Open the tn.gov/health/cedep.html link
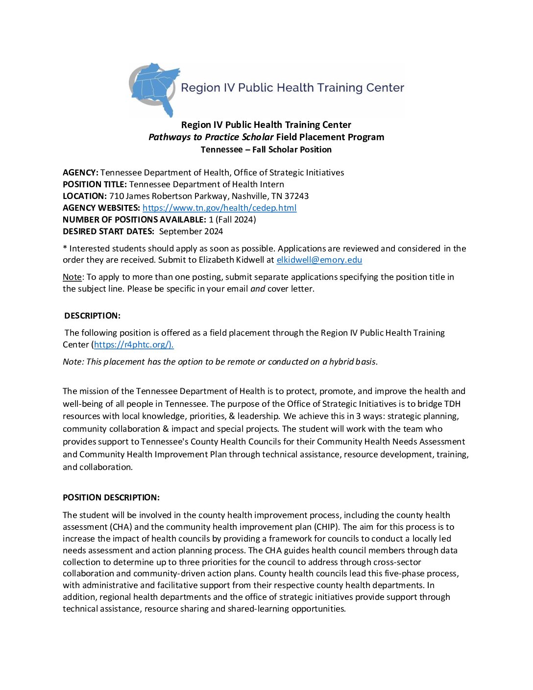219,208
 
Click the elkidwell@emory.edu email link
319,260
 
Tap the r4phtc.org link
133,345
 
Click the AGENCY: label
80,172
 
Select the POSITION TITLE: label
95,184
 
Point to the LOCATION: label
85,196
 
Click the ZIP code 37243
296,196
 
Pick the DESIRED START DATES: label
108,231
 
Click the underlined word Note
72,277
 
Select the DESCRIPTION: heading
92,316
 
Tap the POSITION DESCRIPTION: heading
111,497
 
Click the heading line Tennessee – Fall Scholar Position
266,149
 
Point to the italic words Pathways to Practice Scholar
211,137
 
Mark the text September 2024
191,231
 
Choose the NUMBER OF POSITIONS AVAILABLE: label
134,220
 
